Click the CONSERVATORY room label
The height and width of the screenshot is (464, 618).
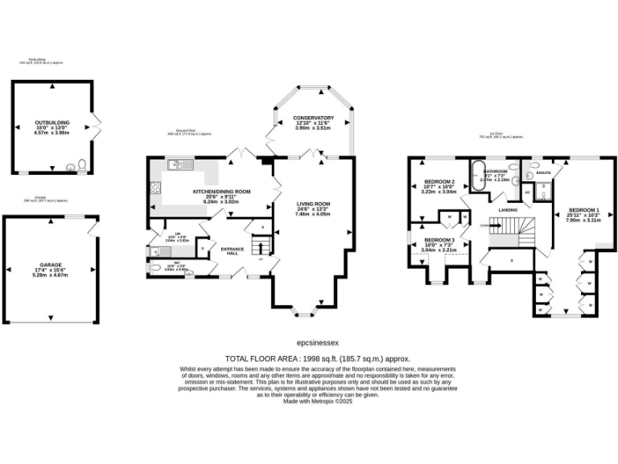click(x=313, y=118)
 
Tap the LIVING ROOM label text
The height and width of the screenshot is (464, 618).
click(x=313, y=204)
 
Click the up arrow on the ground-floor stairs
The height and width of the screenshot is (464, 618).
click(x=260, y=259)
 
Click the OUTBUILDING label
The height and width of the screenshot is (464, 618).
click(x=52, y=122)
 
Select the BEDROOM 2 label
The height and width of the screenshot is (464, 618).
click(x=439, y=182)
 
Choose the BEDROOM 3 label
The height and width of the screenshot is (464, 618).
click(x=439, y=240)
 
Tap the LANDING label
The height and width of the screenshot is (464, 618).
click(x=508, y=209)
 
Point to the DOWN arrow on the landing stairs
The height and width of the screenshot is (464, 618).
click(x=484, y=226)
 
